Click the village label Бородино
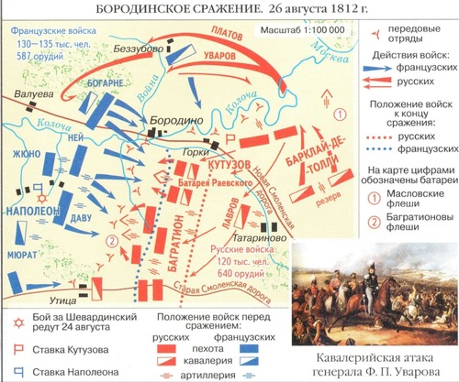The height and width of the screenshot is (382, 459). pos(176,121)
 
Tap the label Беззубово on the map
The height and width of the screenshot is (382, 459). pos(139,49)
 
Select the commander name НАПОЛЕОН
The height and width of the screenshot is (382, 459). pos(33,211)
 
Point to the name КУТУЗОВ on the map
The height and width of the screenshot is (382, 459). pos(229,165)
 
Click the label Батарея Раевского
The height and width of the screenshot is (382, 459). pos(215,183)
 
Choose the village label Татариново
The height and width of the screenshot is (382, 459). pos(259,238)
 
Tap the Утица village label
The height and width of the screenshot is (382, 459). pos(63,300)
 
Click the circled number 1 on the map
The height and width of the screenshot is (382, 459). pos(340,114)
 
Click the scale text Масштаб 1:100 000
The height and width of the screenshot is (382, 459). pos(302,30)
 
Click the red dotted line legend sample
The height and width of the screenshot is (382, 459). pos(379,137)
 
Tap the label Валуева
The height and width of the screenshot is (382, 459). pos(34,94)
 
